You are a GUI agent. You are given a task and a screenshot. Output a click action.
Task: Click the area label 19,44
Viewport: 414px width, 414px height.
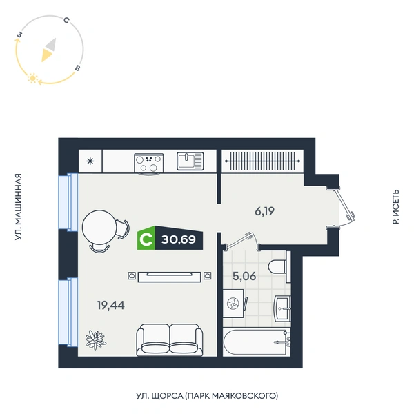click(111, 305)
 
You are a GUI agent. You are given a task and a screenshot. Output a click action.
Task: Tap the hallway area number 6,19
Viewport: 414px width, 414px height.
click(264, 211)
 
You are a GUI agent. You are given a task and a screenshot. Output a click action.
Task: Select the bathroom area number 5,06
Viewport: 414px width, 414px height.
click(244, 276)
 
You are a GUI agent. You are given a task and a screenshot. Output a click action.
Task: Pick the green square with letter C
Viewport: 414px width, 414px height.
click(146, 238)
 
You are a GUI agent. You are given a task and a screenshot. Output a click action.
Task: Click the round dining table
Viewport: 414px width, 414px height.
click(99, 227)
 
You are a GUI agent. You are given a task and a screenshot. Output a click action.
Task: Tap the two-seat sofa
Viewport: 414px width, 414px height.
click(170, 339)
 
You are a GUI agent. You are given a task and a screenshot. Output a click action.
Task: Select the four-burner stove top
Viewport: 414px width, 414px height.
click(149, 163)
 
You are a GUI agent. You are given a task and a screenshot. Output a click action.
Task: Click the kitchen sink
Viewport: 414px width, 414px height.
click(190, 161)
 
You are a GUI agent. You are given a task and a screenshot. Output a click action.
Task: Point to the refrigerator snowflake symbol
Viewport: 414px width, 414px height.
click(90, 161)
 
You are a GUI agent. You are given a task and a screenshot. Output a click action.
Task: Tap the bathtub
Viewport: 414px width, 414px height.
click(257, 342)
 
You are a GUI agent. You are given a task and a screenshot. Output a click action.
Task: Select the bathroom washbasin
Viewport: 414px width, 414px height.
click(282, 308)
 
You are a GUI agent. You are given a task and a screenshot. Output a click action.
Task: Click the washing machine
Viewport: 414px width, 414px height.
click(233, 304)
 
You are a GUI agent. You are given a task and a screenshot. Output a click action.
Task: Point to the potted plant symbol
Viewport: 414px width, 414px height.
click(96, 339)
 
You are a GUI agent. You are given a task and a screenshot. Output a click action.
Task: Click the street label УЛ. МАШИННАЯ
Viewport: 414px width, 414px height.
click(18, 207)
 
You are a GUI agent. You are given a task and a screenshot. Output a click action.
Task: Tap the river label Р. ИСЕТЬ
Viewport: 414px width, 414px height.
click(396, 207)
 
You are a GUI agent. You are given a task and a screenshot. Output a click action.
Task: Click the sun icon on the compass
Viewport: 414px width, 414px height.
click(33, 78)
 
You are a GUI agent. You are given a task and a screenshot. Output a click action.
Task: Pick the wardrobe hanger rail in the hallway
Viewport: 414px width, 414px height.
click(262, 161)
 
